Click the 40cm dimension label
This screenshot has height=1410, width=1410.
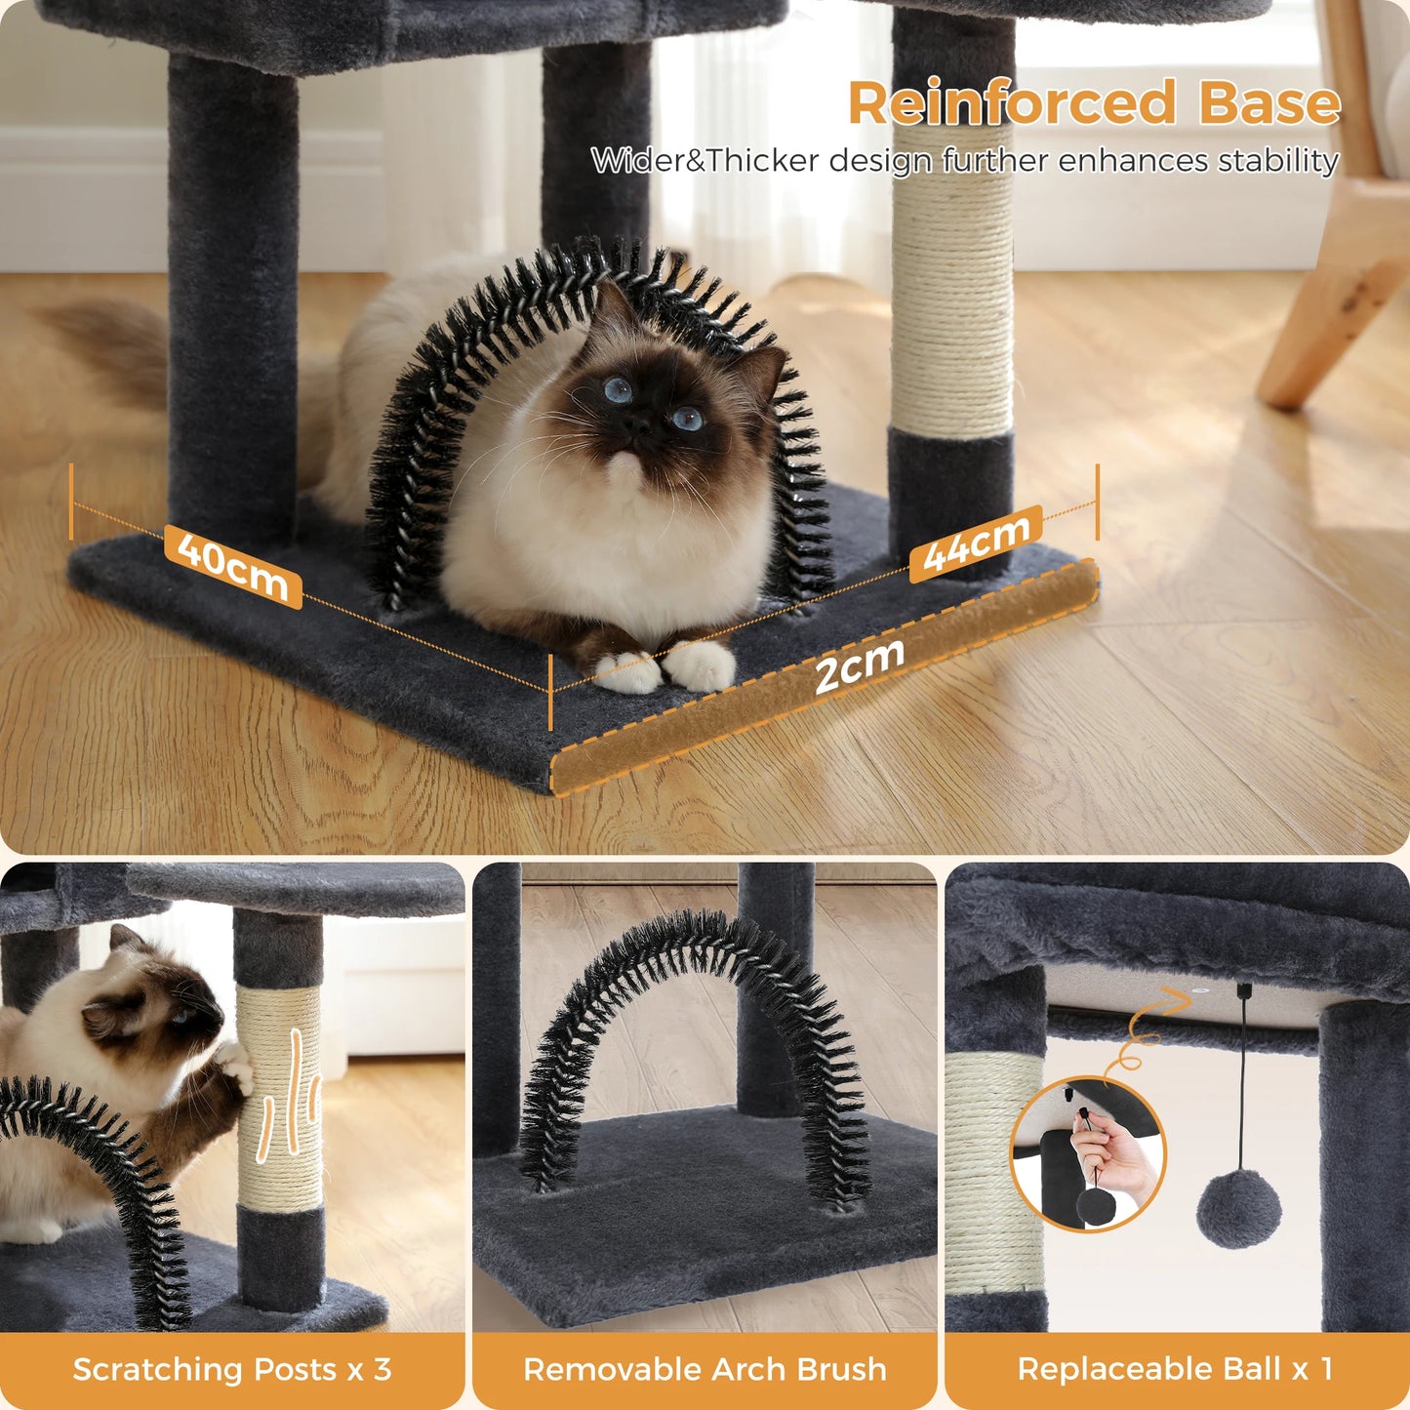tap(233, 567)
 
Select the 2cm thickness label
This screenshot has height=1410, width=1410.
tap(859, 665)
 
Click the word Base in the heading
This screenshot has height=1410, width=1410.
tap(1269, 103)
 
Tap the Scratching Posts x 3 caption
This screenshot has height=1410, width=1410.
tap(232, 1369)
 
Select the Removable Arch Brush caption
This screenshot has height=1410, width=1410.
tap(705, 1369)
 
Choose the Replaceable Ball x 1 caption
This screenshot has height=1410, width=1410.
tap(1175, 1369)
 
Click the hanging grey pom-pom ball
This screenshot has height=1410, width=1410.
tap(1239, 1211)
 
